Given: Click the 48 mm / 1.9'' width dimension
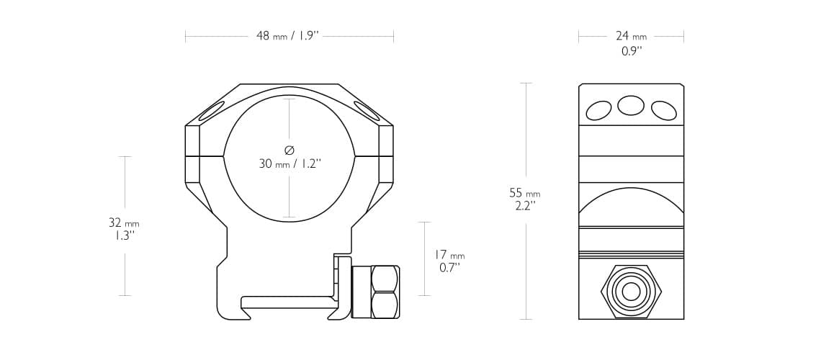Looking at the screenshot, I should click(287, 36).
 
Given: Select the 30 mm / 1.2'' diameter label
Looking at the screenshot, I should click(290, 164).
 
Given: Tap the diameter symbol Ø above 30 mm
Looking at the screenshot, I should click(290, 150).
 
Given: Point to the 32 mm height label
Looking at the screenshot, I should click(124, 223).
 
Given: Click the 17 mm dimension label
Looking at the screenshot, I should click(449, 255).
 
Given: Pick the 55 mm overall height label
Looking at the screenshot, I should click(524, 193).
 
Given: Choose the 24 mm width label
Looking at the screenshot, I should click(631, 36).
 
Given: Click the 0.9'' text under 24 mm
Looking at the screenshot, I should click(631, 51).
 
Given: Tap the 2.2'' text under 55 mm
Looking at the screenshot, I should click(524, 206).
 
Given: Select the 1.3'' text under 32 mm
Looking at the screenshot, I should click(124, 236).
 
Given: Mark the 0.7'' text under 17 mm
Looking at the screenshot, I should click(449, 268).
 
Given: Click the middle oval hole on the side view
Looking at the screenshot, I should click(631, 105).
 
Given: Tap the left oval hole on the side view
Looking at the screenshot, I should click(598, 110).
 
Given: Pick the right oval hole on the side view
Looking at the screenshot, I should click(663, 110).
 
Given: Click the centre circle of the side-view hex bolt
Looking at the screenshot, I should click(631, 292).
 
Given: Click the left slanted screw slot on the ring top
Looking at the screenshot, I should click(212, 110).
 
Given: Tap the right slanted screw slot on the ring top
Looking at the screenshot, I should click(367, 110).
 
